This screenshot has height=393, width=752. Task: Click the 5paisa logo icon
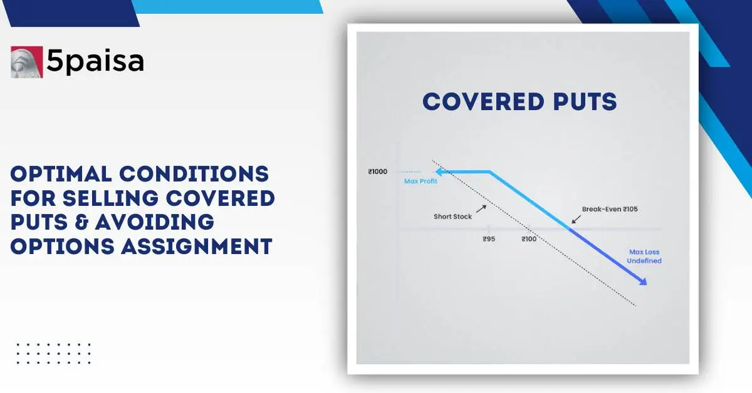pyautogui.click(x=26, y=62)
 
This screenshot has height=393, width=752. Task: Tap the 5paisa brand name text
pyautogui.click(x=95, y=61)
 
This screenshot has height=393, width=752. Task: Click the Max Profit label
pyautogui.click(x=420, y=181)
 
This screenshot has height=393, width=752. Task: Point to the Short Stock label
pyautogui.click(x=452, y=217)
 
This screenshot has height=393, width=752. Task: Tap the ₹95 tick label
pyautogui.click(x=489, y=239)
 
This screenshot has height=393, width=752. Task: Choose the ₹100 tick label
pyautogui.click(x=529, y=239)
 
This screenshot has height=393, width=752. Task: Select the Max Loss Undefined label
pyautogui.click(x=645, y=257)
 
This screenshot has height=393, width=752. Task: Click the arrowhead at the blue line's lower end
pyautogui.click(x=642, y=282)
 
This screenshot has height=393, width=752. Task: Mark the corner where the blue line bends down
pyautogui.click(x=489, y=171)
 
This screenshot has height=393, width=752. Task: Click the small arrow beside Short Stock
pyautogui.click(x=481, y=207)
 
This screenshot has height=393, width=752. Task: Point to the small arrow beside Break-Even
pyautogui.click(x=575, y=219)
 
